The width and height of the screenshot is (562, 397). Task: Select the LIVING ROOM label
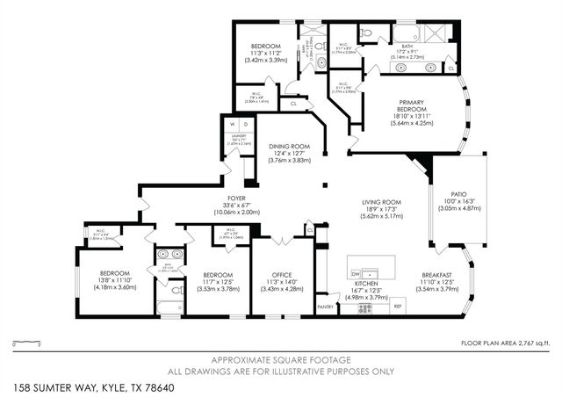click(x=382, y=202)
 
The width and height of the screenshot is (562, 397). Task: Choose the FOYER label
click(x=235, y=198)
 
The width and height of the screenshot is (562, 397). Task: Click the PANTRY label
click(x=326, y=307)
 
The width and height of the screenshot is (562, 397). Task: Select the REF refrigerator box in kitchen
click(x=398, y=307)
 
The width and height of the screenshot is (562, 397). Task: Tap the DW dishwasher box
click(x=356, y=272)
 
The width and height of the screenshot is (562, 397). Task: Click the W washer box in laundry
click(x=225, y=125)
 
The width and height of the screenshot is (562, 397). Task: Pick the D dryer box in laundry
click(x=235, y=125)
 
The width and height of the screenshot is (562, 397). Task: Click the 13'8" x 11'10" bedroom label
click(x=115, y=280)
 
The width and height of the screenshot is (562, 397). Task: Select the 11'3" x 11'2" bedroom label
click(x=265, y=53)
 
